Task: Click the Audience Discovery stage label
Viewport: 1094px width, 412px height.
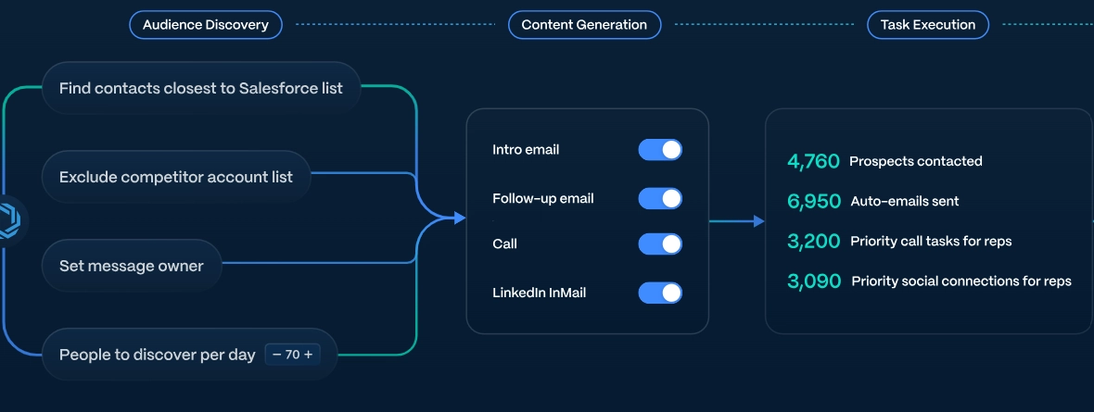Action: [x=205, y=25]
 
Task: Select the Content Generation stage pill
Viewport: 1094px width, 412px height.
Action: [x=584, y=25]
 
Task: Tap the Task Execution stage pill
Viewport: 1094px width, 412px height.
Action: [x=928, y=25]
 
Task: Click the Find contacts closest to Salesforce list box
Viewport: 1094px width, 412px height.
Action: [x=201, y=89]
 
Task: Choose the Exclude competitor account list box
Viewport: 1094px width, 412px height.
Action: [x=176, y=177]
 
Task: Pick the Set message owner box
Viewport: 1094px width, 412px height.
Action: [x=131, y=266]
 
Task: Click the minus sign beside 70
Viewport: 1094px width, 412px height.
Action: [x=277, y=355]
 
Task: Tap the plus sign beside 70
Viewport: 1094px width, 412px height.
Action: [x=308, y=355]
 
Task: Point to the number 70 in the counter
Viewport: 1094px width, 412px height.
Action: [x=292, y=355]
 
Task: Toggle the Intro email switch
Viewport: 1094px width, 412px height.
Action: [x=660, y=150]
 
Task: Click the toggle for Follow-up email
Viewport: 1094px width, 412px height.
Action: [x=660, y=199]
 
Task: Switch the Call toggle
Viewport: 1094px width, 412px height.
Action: [x=660, y=244]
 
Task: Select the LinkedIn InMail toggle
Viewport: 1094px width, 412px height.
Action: [x=660, y=293]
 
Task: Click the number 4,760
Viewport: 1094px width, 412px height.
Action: [x=813, y=162]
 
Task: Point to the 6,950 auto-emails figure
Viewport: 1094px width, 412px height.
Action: [x=814, y=202]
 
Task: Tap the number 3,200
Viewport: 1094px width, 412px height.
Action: [x=813, y=242]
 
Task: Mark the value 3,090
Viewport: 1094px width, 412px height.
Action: [x=814, y=281]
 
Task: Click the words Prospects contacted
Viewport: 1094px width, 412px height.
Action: [x=915, y=162]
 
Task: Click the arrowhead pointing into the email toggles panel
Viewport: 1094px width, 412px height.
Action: [x=460, y=218]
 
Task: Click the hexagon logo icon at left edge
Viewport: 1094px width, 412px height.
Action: [x=10, y=221]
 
